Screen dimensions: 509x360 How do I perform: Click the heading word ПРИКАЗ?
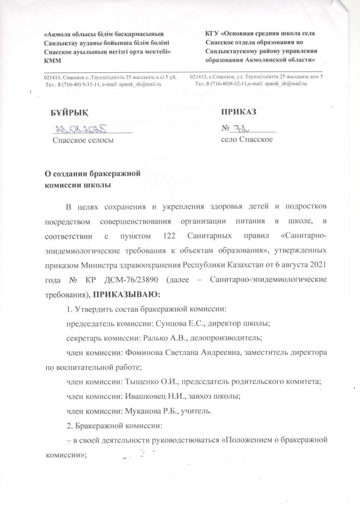(240, 112)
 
